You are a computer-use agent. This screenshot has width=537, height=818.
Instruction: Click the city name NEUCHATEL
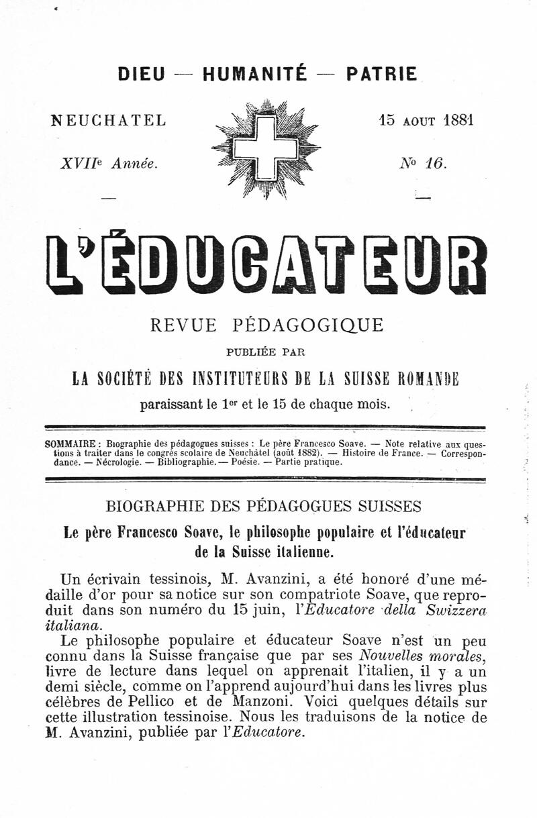click(x=109, y=120)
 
